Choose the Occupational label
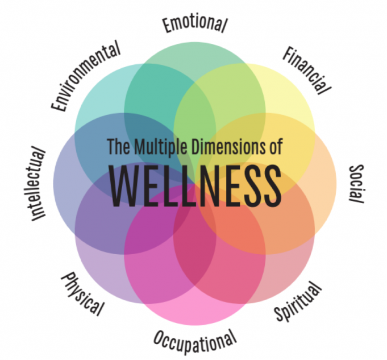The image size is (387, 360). pyautogui.click(x=194, y=340)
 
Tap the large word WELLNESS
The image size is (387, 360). pyautogui.click(x=194, y=180)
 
